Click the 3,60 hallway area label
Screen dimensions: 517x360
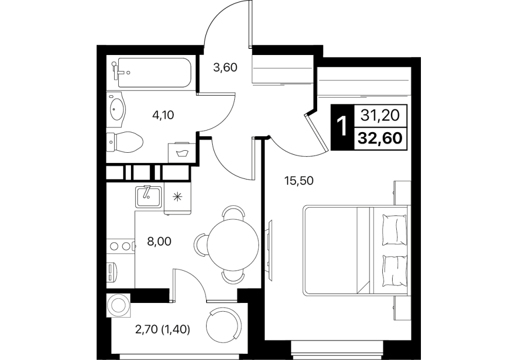pos(225,68)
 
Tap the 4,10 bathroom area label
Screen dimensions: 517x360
pos(163,115)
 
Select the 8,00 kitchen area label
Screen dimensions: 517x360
pos(159,242)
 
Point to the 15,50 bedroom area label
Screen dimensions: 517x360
pos(299,181)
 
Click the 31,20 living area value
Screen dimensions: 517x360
pos(380,115)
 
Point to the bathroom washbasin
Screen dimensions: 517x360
pos(117,107)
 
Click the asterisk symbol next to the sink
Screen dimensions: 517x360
pos(178,197)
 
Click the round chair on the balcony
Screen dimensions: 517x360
pos(222,324)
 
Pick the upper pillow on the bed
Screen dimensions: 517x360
pos(394,230)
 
